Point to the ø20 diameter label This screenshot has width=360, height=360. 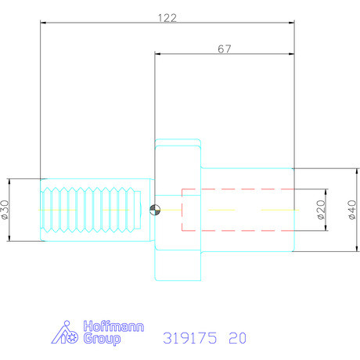pyautogui.click(x=319, y=210)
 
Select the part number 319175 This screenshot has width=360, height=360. pyautogui.click(x=189, y=338)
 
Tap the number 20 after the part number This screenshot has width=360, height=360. pyautogui.click(x=237, y=338)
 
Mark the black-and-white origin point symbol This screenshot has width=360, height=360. pyautogui.click(x=155, y=209)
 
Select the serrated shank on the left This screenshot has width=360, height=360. pyautogui.click(x=94, y=209)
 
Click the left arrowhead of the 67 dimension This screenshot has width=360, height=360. pyautogui.click(x=158, y=55)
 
